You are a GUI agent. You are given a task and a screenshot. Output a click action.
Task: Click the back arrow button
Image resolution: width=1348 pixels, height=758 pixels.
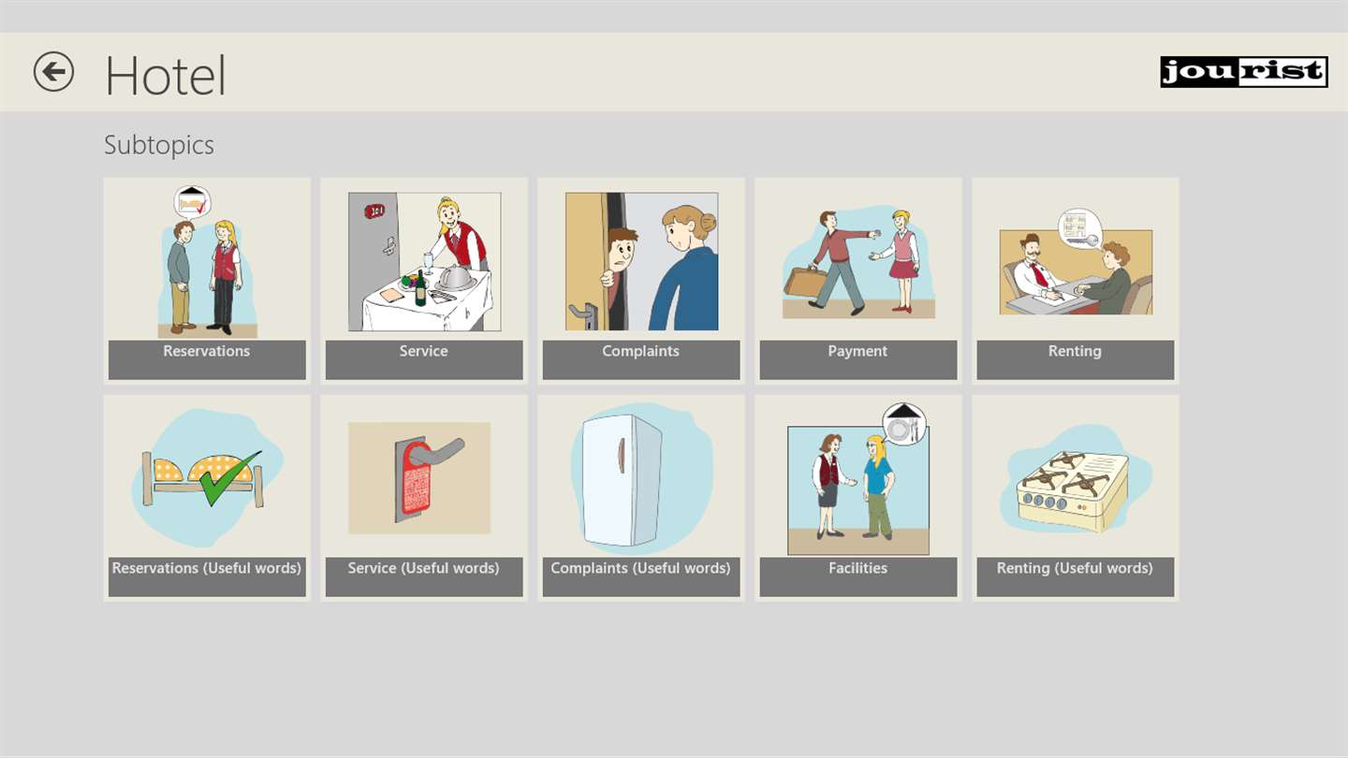coord(53,71)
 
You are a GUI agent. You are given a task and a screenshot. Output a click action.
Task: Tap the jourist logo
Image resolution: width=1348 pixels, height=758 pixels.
coord(1244,72)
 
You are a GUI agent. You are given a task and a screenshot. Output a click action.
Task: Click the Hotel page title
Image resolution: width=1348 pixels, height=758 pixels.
coord(166,76)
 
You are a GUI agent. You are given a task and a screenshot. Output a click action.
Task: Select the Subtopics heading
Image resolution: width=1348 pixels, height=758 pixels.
coord(159,145)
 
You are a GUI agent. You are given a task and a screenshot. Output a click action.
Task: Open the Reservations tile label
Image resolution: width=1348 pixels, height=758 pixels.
coord(206,351)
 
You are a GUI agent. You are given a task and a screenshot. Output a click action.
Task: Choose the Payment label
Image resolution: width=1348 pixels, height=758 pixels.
coord(857,351)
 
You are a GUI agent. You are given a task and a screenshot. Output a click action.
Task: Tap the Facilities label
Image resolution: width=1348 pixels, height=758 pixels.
coord(858,568)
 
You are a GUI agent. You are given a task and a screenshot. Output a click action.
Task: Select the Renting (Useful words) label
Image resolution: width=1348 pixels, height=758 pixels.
coord(1075,568)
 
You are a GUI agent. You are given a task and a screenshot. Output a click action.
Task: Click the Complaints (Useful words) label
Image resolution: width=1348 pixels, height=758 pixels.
coord(641,568)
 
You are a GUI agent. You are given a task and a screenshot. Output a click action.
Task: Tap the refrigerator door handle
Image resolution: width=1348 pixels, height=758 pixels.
coord(621,456)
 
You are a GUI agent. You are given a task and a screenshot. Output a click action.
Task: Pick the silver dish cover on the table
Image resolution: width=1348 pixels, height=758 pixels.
coord(455,277)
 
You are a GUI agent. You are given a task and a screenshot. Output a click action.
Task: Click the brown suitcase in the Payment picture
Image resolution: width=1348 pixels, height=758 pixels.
coord(805,283)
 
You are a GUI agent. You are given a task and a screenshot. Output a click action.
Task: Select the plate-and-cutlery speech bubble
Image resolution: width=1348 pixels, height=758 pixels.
coord(904,423)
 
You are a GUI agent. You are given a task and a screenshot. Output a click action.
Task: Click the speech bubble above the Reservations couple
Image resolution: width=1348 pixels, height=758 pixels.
coord(193,202)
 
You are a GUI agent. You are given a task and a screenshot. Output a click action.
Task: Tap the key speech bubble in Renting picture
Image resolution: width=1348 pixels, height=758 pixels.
coord(1080,229)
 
